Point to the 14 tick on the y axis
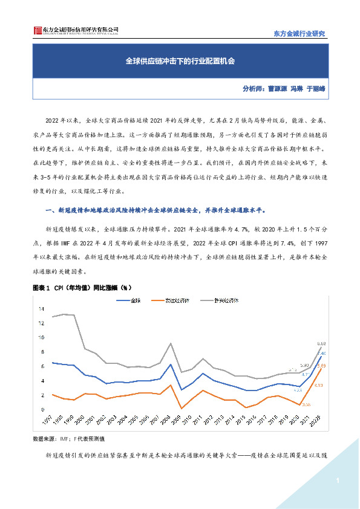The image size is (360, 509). pyautogui.click(x=42, y=309)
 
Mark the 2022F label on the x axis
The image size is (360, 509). pyautogui.click(x=321, y=422)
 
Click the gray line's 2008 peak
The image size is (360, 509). pyautogui.click(x=172, y=343)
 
